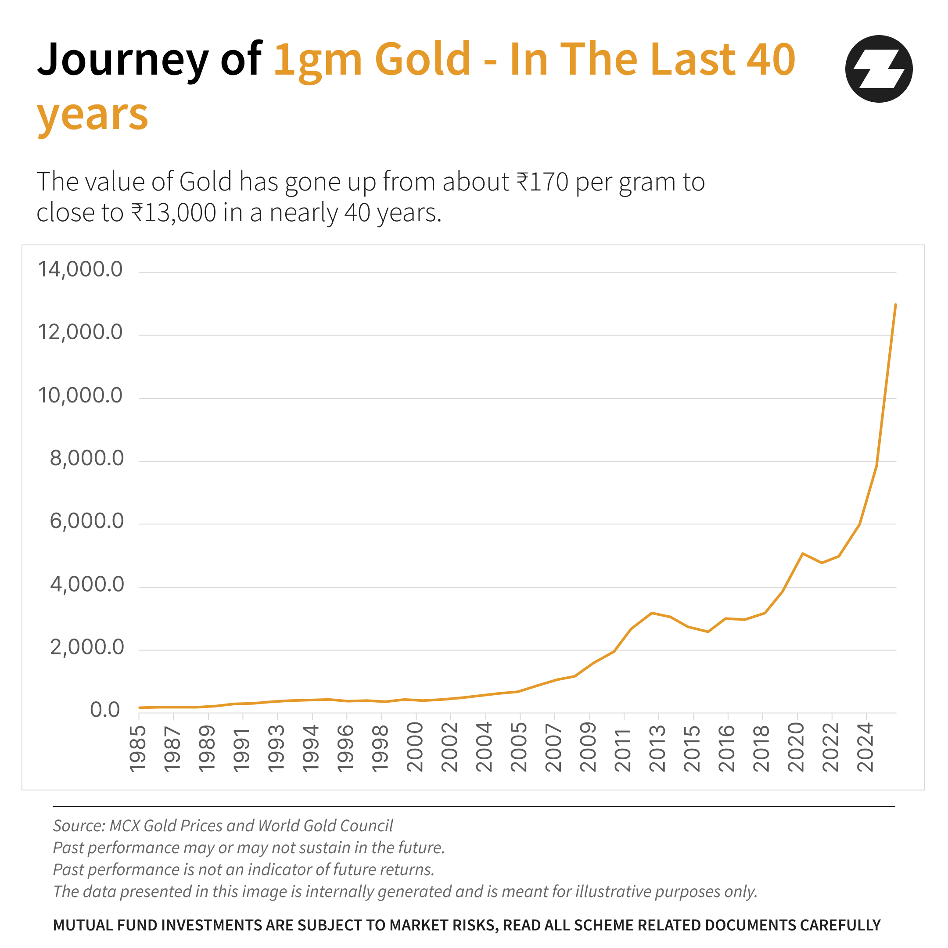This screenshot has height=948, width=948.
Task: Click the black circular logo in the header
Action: point(878,69)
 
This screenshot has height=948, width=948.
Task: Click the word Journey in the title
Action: point(123,60)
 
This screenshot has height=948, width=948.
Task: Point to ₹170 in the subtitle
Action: point(542,182)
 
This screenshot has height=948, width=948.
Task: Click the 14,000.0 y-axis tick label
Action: point(80,269)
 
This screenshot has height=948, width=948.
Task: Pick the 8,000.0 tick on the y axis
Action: point(87,458)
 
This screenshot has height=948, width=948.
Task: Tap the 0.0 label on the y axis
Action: point(105,710)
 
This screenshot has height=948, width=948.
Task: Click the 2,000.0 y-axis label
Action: point(87,648)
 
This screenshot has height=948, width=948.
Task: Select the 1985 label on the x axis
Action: point(138,748)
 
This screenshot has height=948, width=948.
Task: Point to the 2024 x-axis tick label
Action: point(866,748)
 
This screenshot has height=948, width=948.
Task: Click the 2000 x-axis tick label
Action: point(415,748)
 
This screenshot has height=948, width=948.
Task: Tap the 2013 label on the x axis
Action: point(657,748)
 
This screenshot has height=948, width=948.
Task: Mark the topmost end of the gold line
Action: point(895,305)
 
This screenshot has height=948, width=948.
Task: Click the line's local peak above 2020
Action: point(802,553)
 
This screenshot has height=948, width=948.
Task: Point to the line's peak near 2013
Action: point(652,613)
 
